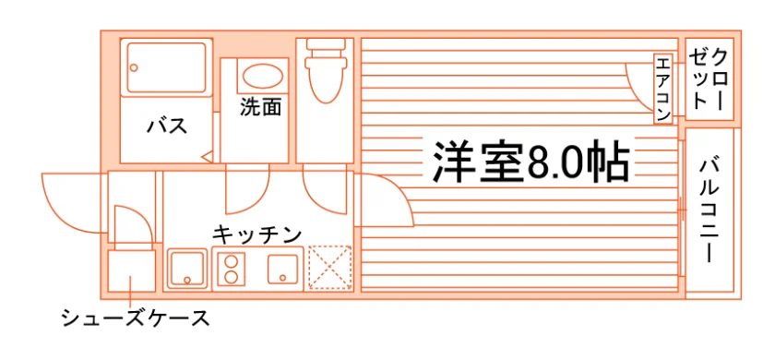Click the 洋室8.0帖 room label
[x=531, y=162]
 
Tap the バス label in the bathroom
[x=167, y=126]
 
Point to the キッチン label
[x=257, y=234]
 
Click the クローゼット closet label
[x=709, y=79]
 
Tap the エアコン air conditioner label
[x=662, y=89]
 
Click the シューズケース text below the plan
[x=136, y=318]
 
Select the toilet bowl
[x=324, y=72]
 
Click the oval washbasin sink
[x=263, y=77]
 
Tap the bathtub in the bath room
[x=166, y=67]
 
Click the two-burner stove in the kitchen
[x=232, y=269]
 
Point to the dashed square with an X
[x=329, y=268]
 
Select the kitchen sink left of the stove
[x=187, y=269]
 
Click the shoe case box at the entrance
[x=131, y=270]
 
